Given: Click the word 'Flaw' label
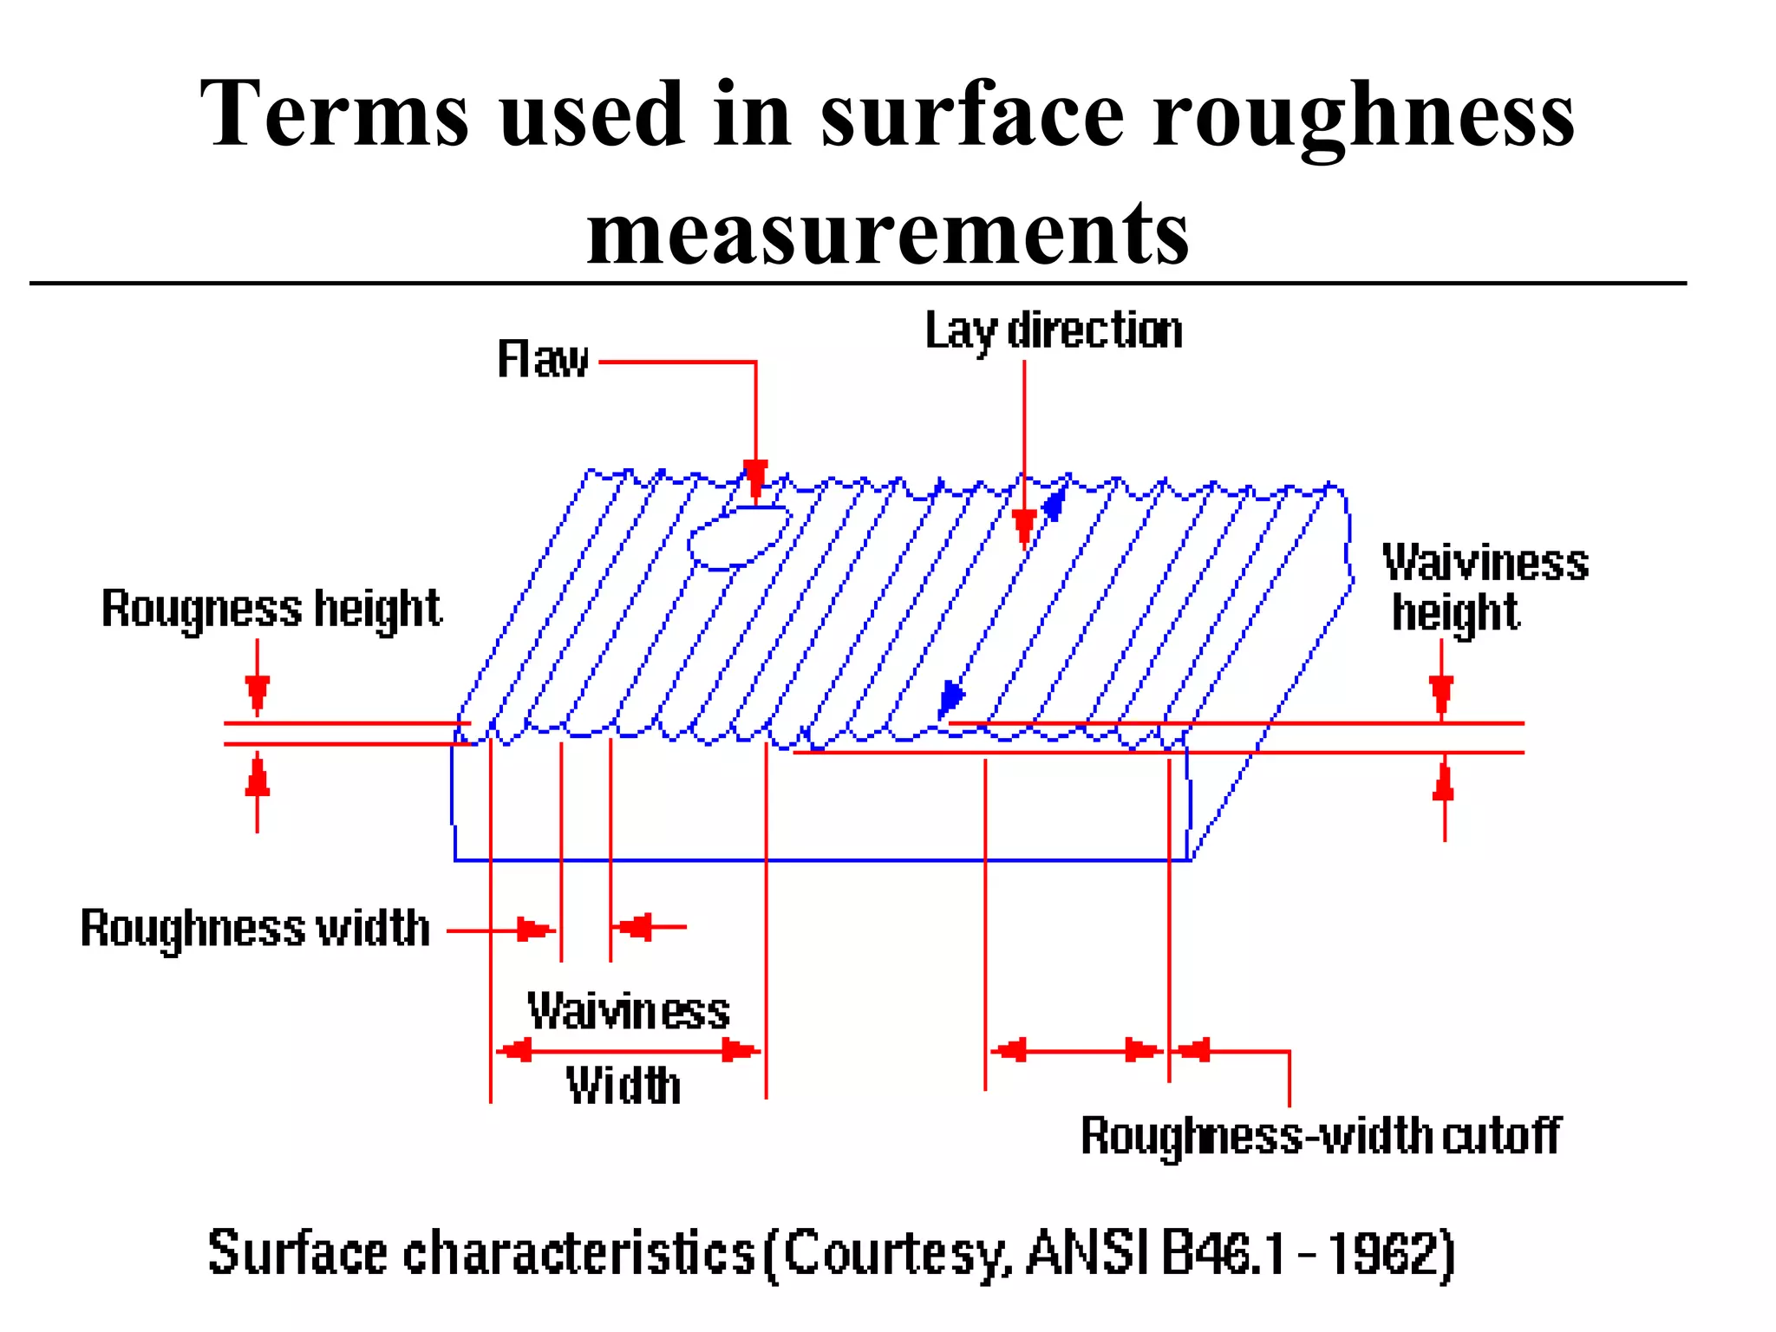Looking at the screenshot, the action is coord(543,359).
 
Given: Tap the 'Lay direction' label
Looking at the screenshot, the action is coord(1054,331).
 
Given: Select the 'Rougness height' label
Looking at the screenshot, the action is coord(271,608).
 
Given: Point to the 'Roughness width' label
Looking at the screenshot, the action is coord(255,928).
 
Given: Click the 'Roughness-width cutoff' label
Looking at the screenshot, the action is coord(1320,1136).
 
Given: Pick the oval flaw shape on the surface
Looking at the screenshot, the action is coord(739,538).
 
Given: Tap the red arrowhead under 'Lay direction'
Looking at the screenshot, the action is coord(1024,526).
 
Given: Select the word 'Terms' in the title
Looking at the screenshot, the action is coord(335,114).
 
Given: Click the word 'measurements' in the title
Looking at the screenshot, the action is coord(887,232).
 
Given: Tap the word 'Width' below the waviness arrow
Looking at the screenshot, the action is coord(624,1086).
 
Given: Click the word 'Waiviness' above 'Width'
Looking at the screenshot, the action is coord(629,1011).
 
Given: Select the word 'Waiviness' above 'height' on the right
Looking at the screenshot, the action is coord(1485,563).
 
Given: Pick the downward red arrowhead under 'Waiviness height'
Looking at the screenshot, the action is coord(1441,693).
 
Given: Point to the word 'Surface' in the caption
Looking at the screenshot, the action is coord(297,1253).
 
